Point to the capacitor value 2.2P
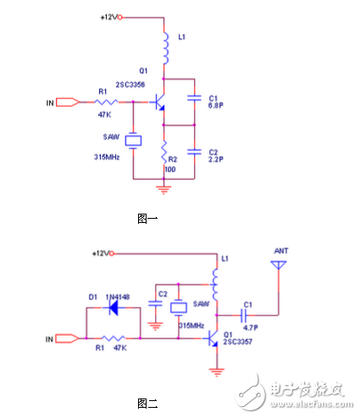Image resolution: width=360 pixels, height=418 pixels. pyautogui.click(x=216, y=159)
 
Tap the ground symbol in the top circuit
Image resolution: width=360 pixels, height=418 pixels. pyautogui.click(x=165, y=188)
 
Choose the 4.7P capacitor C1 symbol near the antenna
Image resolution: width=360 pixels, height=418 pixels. pyautogui.click(x=249, y=311)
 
